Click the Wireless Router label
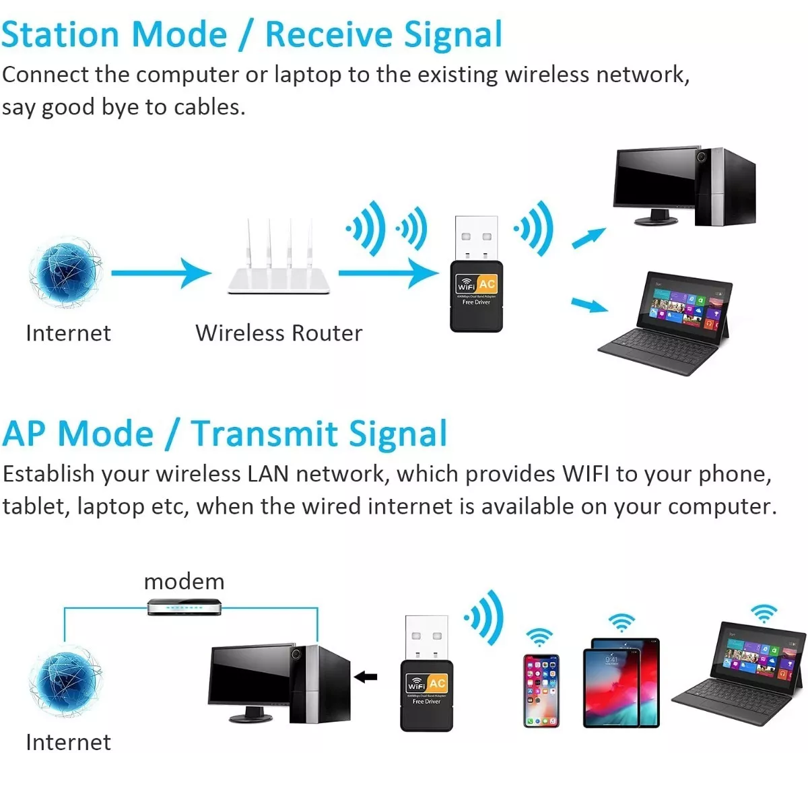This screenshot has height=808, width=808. click(x=279, y=333)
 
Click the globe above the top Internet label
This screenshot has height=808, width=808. click(x=65, y=272)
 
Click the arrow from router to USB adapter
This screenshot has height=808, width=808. click(x=388, y=273)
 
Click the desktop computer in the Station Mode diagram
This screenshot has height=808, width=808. click(x=683, y=187)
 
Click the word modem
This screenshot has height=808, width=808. click(x=184, y=582)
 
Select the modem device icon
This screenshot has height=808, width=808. click(x=184, y=607)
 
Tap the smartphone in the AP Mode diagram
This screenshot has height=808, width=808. click(x=541, y=690)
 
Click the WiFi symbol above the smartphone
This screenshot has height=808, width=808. click(x=539, y=636)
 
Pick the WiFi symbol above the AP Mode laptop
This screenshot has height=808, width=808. click(x=764, y=612)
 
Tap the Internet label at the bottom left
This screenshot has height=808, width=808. click(x=68, y=742)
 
